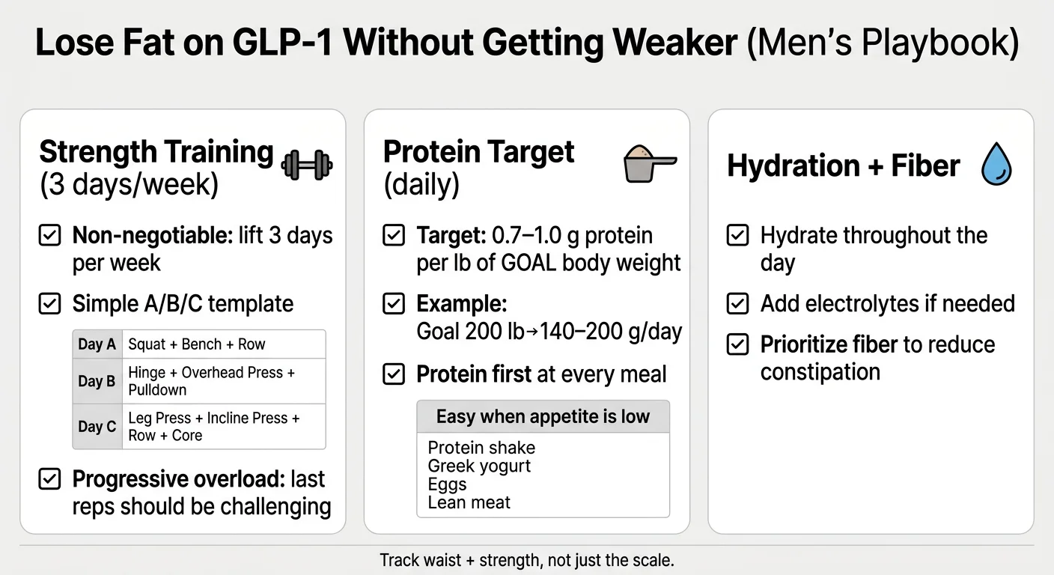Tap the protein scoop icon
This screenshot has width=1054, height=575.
[648, 162]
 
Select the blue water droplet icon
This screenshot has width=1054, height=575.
[996, 165]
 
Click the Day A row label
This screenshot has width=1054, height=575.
[97, 344]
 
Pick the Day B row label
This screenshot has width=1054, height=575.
[97, 381]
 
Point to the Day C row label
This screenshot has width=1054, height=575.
[97, 427]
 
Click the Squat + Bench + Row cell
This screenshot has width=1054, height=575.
[197, 344]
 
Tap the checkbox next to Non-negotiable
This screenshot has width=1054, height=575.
[49, 236]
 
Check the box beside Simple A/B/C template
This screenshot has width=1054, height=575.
[49, 304]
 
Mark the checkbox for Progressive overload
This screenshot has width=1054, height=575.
[49, 479]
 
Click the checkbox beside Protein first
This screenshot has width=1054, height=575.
[394, 374]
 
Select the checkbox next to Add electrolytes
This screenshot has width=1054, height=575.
[738, 303]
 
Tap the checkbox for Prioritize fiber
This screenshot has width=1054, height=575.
[738, 344]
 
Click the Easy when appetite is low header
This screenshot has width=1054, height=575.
[543, 416]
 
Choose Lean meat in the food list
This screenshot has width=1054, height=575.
[469, 502]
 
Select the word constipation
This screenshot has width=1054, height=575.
[820, 372]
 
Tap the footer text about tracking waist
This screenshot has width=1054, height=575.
[527, 560]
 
